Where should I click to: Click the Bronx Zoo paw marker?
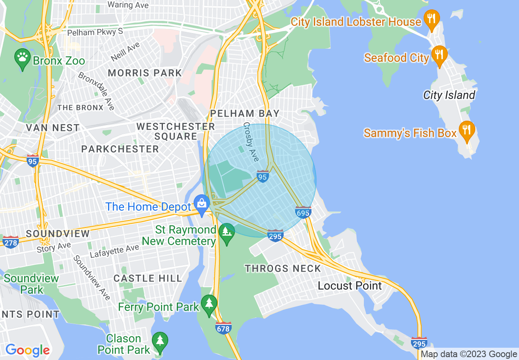[x=22, y=59]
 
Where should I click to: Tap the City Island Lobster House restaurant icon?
[x=432, y=19]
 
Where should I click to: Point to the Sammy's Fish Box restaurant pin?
[x=467, y=130]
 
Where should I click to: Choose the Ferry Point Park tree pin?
[x=209, y=304]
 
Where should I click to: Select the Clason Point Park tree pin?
[x=160, y=342]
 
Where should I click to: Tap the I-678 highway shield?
[x=223, y=328]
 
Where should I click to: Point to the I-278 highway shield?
[x=10, y=242]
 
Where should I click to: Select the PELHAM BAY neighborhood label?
[x=245, y=113]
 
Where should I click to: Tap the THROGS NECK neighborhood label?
[x=283, y=268]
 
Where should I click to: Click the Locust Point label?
[x=350, y=286]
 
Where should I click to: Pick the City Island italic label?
[x=449, y=95]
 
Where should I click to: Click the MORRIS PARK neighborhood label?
[x=145, y=73]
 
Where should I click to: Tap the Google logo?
[x=27, y=350]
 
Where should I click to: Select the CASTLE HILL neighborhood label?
[x=147, y=279]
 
